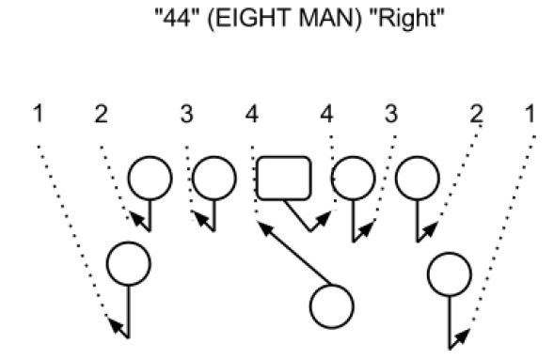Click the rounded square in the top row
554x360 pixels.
coord(284,178)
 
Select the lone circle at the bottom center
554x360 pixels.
coord(332,305)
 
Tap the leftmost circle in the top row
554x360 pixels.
coord(150,177)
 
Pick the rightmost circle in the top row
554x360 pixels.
coord(417,177)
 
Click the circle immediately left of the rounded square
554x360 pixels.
coord(214,177)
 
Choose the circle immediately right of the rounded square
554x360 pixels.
coord(353,177)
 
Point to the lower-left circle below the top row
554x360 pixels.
coord(129,264)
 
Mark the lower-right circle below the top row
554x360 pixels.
coord(450,274)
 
